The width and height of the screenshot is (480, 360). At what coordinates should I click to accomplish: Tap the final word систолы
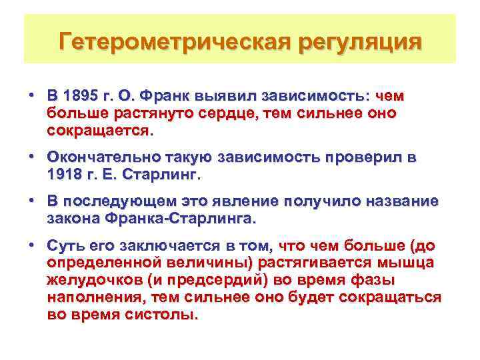click(x=161, y=315)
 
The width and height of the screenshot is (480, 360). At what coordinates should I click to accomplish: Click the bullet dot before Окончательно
click(x=32, y=157)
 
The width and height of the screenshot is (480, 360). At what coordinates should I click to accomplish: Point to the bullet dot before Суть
click(x=32, y=245)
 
